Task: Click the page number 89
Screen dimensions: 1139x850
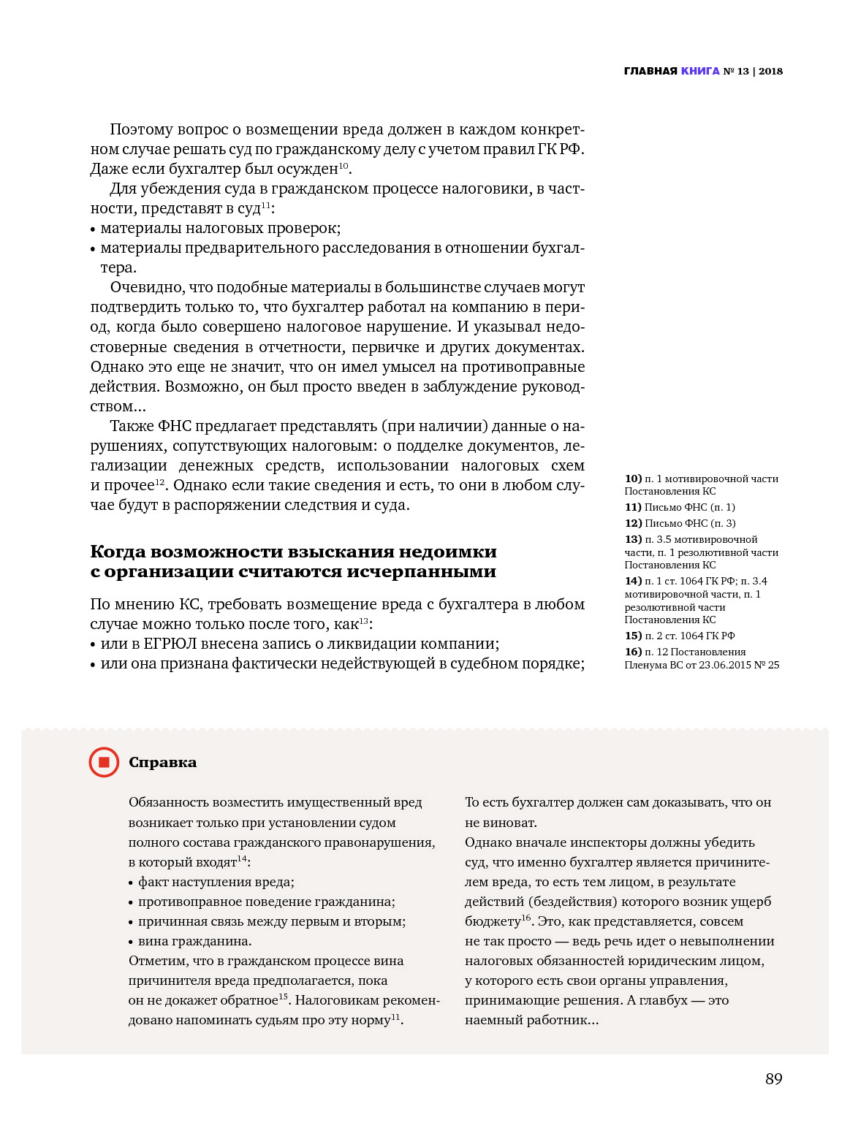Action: [x=773, y=1079]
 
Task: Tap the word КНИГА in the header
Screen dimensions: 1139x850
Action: [x=700, y=71]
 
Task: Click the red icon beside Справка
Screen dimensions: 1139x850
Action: [x=104, y=762]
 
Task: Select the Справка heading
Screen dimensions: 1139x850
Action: [x=162, y=762]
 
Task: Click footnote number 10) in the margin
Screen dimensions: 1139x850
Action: [x=633, y=479]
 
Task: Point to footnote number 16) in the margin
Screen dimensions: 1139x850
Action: [x=633, y=652]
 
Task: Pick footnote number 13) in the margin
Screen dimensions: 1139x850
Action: [x=633, y=539]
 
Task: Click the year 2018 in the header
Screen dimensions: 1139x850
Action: [x=770, y=71]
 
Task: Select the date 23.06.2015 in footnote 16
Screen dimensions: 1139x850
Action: [x=725, y=665]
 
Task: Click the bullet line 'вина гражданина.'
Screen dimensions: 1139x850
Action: [x=194, y=941]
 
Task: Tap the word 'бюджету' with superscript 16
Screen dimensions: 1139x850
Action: [x=492, y=922]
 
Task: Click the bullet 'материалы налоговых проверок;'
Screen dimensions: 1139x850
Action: [x=220, y=228]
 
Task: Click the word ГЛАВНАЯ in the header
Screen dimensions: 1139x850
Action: [x=650, y=71]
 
